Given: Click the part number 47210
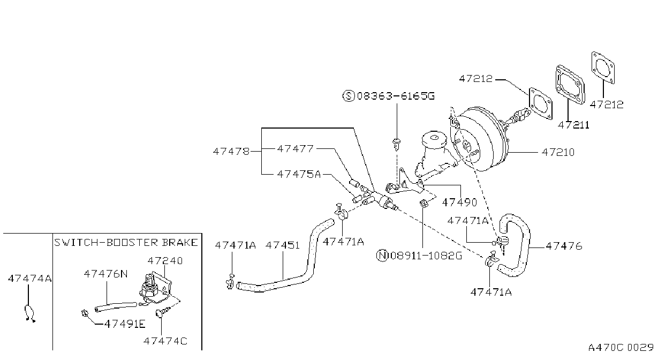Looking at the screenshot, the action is [x=558, y=152].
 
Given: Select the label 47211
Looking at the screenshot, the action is [x=573, y=125].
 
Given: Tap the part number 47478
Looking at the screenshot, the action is [x=231, y=152].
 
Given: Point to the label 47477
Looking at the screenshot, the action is [x=295, y=149].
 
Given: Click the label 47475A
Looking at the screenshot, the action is [x=299, y=174].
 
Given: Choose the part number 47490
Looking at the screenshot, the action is [x=459, y=202].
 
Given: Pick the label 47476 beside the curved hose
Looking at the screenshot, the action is [x=564, y=246].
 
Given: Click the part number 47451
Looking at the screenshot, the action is [x=283, y=245].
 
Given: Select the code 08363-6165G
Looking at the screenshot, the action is [x=396, y=96].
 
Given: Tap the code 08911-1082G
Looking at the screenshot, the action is [x=426, y=256].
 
